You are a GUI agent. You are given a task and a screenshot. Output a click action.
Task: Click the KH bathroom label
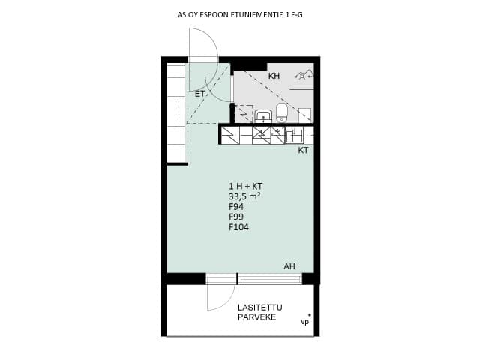pos(274,76)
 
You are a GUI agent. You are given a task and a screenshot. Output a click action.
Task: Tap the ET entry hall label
pos(200,94)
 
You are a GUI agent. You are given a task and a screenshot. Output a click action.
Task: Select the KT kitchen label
pos(303,150)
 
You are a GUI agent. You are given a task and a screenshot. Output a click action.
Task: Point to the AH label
pos(289,266)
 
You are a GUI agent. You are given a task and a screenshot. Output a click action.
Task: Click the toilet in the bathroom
pos(282,112)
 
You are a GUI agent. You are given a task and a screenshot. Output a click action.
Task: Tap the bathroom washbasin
pos(263,116)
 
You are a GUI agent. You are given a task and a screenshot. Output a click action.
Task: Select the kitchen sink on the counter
pos(295,136)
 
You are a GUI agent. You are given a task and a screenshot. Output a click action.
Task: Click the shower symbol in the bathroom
pos(304,75)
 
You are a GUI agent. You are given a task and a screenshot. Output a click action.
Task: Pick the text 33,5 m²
pos(245,196)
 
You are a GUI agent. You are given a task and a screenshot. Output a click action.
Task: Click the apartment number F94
pos(236,207)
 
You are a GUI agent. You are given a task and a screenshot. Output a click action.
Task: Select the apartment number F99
pos(236,217)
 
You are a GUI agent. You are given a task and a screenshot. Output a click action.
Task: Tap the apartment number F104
pos(238,227)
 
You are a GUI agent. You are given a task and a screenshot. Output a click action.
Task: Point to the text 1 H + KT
pos(246,186)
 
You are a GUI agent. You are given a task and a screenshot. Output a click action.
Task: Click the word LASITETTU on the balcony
pos(260,307)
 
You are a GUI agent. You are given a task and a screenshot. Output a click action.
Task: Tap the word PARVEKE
pos(256,317)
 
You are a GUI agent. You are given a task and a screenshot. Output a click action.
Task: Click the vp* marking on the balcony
pos(306,320)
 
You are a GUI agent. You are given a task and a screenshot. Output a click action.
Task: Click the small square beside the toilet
pos(304,115)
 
